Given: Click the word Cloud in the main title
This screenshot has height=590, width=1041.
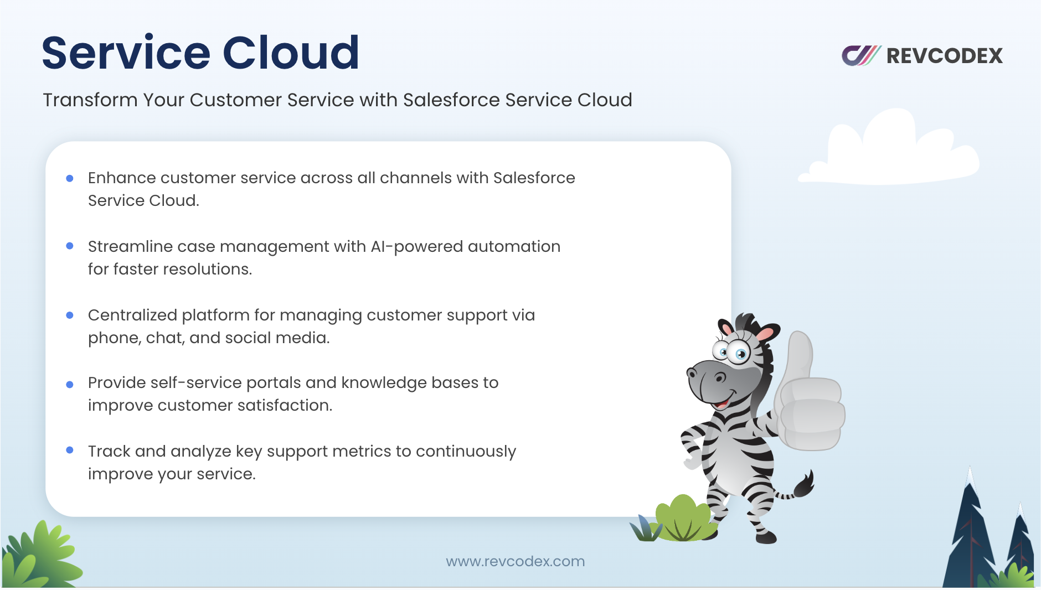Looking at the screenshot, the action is (291, 53).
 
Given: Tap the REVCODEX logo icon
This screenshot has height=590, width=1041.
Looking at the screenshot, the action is (861, 55).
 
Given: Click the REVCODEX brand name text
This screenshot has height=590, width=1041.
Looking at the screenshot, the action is (945, 56).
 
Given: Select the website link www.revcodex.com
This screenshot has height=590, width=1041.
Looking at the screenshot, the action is (516, 561).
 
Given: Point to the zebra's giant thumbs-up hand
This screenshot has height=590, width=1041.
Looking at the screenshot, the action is (809, 398).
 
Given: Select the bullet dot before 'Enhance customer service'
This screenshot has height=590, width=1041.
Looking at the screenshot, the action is (70, 178).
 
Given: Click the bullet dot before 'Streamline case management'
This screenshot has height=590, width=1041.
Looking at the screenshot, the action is (70, 246).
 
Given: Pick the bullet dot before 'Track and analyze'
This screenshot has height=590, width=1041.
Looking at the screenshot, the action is (70, 451).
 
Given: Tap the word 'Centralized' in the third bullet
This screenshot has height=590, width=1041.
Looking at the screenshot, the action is (132, 315).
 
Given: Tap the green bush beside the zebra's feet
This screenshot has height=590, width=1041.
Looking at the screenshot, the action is (683, 519).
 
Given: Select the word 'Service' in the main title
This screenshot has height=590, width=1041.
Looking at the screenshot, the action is (126, 53).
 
